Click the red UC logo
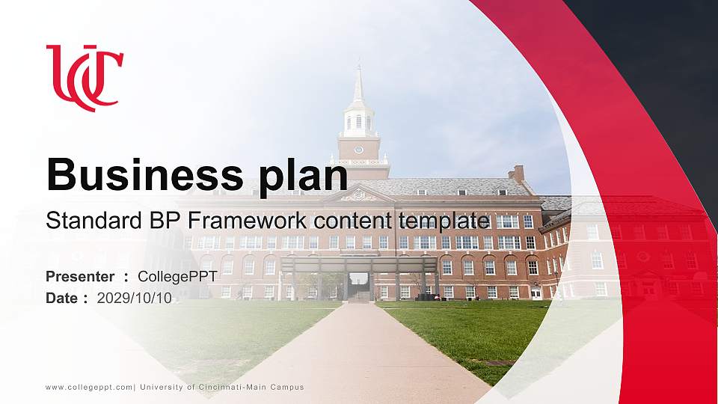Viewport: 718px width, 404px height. coord(85,78)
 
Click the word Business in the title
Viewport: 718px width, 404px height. coord(144,174)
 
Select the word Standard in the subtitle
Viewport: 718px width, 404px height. coord(94,220)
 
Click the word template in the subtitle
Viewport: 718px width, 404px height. coord(444,221)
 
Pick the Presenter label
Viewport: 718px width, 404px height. coord(80,277)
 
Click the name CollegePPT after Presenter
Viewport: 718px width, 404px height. coord(178,277)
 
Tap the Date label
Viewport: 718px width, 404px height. coord(62,299)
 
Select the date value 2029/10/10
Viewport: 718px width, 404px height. coord(134,299)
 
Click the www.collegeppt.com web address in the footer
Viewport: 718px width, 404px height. coord(89,388)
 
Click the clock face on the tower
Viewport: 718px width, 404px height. coord(359,150)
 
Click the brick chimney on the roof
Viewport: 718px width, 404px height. coord(517,174)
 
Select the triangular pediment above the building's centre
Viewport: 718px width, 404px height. coord(360,195)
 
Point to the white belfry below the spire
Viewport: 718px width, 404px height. coord(359,120)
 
